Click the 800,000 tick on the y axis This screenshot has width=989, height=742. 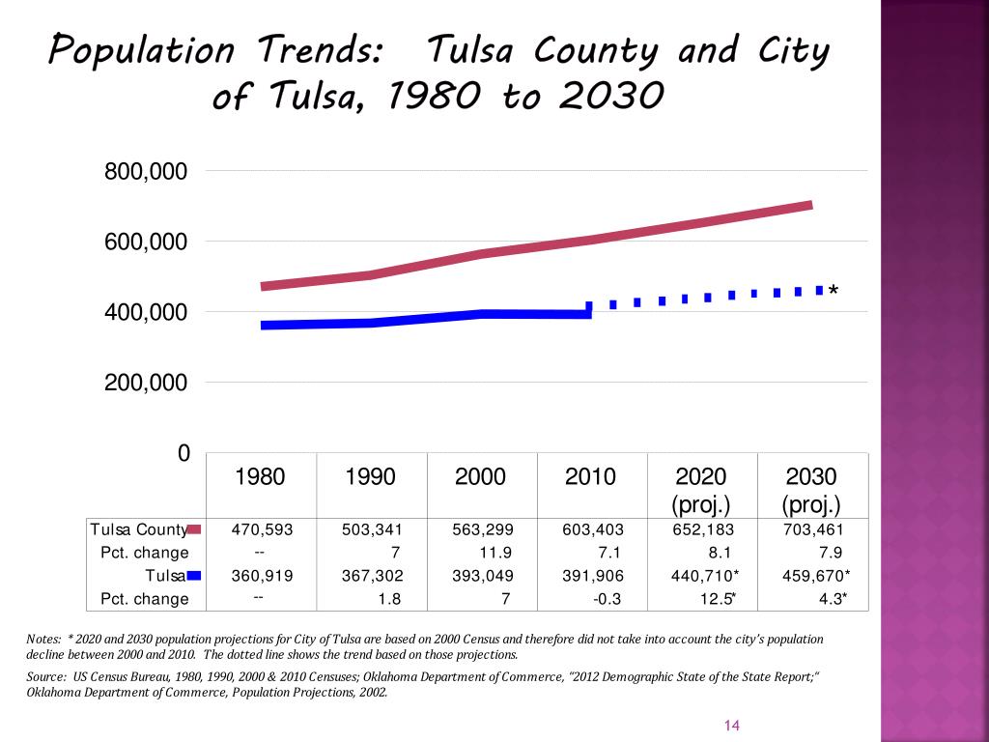coord(146,172)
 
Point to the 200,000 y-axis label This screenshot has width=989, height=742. coord(146,383)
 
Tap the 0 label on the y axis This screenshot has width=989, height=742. coord(183,453)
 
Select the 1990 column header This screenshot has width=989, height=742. coord(371,476)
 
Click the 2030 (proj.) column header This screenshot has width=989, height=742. coord(811,490)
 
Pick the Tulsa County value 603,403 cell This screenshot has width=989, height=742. coord(593,529)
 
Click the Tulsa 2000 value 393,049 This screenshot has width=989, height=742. coord(483,575)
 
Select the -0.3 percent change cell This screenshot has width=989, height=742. coord(607,599)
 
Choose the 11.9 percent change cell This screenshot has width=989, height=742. coord(495,553)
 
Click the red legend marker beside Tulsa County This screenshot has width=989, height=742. coord(193,529)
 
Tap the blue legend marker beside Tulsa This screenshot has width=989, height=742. coord(193,576)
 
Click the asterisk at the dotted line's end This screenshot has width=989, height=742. coord(833,292)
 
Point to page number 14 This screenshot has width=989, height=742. coord(731,726)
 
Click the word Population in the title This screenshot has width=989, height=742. coord(142,50)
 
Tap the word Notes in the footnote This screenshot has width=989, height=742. coord(43,639)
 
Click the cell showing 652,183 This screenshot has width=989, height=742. coord(703,529)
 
